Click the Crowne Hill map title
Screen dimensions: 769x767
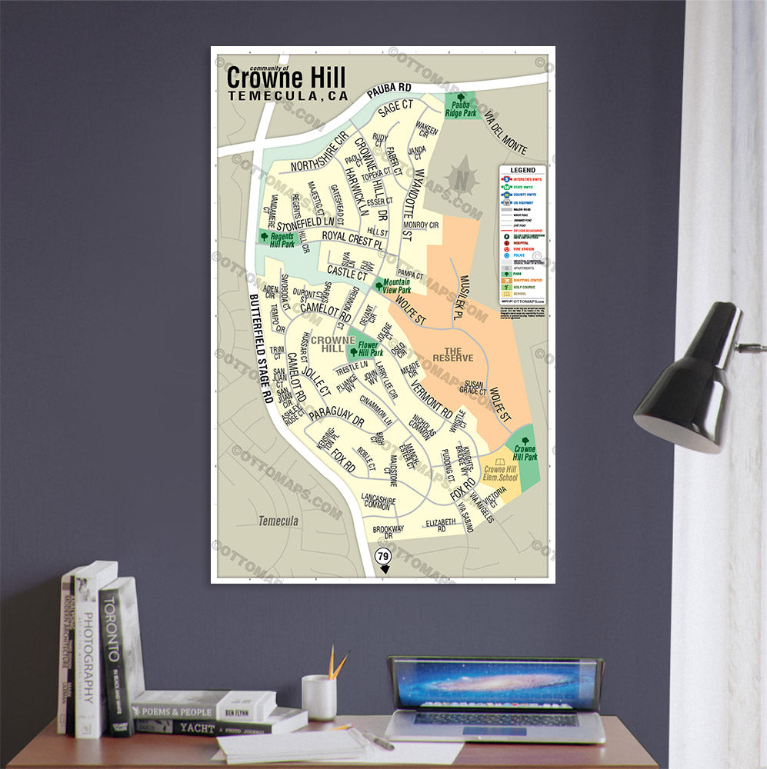click(x=286, y=78)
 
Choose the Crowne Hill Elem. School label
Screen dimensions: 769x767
click(x=501, y=473)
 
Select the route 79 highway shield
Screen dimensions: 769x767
click(x=382, y=556)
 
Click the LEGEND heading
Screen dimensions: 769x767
click(x=522, y=169)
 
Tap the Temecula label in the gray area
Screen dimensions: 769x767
click(x=278, y=521)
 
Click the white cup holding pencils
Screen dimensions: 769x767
click(x=318, y=697)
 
